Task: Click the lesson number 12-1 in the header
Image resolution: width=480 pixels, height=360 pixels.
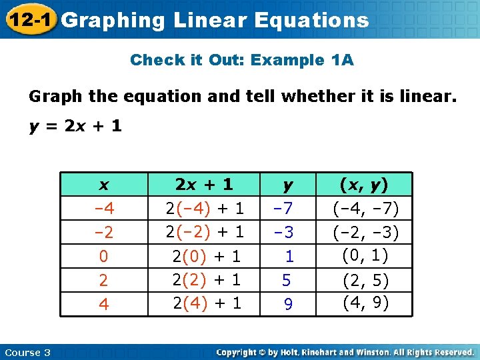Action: [29, 20]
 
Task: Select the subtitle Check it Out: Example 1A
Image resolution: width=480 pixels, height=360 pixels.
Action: [242, 60]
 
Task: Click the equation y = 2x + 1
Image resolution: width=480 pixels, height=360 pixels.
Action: [75, 125]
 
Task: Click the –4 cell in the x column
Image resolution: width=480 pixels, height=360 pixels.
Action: [103, 209]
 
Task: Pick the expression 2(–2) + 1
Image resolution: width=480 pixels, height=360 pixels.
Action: [205, 232]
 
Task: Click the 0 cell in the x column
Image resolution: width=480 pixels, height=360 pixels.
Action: [103, 256]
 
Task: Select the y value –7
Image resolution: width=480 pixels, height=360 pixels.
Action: [285, 209]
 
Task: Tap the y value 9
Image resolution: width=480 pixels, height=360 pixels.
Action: [288, 304]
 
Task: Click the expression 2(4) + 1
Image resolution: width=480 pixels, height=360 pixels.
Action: [207, 304]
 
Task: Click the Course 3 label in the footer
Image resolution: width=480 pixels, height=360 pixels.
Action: [27, 352]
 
